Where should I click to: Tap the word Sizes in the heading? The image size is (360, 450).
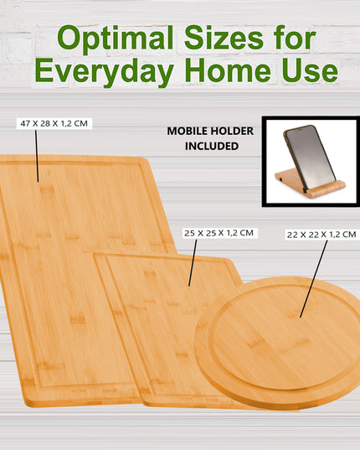pos(220,38)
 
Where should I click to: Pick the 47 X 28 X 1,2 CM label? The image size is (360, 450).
pos(54,123)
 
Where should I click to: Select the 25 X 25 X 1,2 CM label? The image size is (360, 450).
pos(219,232)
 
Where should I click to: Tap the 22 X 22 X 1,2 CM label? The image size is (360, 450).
pos(321,235)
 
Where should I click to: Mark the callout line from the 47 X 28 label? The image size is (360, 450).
pos(37,155)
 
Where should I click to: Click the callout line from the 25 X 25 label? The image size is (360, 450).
pos(193,262)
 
